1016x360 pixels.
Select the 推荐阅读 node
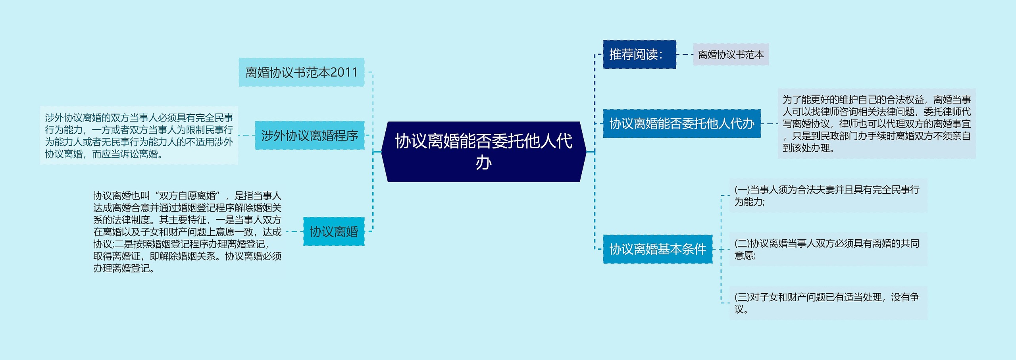coord(639,54)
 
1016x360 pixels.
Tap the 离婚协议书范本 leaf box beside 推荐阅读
coord(731,54)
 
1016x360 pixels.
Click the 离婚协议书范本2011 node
coord(301,72)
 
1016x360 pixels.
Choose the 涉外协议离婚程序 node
coord(310,135)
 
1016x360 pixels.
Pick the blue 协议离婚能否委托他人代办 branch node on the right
coord(681,123)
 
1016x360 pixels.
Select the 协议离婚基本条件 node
coord(658,249)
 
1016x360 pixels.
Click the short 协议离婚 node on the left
coord(334,231)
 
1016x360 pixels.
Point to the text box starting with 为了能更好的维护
coord(876,123)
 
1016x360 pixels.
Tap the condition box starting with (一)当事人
coord(828,195)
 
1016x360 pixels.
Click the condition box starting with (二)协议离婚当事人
coord(828,249)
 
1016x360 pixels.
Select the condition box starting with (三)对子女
coord(828,303)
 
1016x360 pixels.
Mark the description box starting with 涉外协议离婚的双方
coord(139,135)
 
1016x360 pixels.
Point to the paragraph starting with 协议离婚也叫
coord(187,231)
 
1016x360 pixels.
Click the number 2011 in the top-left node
coord(344,72)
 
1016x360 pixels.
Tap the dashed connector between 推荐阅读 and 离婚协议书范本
coord(685,54)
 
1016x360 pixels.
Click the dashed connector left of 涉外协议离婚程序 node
coord(246,135)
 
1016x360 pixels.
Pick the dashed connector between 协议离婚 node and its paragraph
coord(293,231)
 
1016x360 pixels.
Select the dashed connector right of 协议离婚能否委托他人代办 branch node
coord(770,123)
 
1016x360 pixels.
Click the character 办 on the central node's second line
coord(483,163)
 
